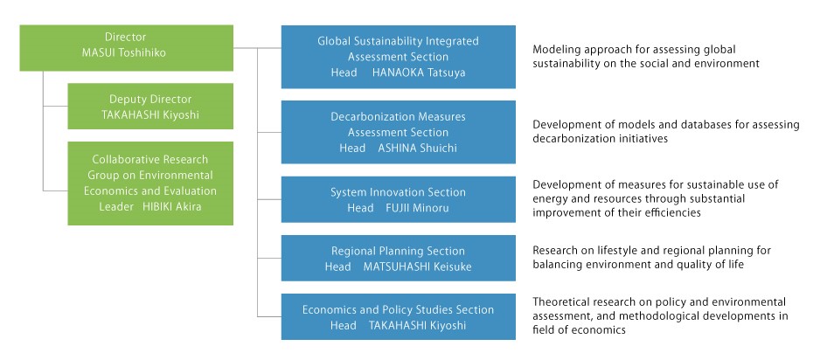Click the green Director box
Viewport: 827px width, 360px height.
click(127, 48)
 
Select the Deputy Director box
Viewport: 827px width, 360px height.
click(150, 106)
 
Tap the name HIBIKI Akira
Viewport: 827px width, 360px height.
click(172, 206)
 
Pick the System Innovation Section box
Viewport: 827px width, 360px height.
click(399, 199)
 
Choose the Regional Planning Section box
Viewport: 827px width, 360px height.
click(399, 258)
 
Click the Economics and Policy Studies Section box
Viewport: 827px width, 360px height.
click(399, 316)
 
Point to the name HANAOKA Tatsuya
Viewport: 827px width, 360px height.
click(419, 73)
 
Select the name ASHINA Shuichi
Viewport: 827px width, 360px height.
click(418, 149)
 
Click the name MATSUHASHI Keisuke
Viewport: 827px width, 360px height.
click(417, 267)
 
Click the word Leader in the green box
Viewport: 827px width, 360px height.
click(116, 206)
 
